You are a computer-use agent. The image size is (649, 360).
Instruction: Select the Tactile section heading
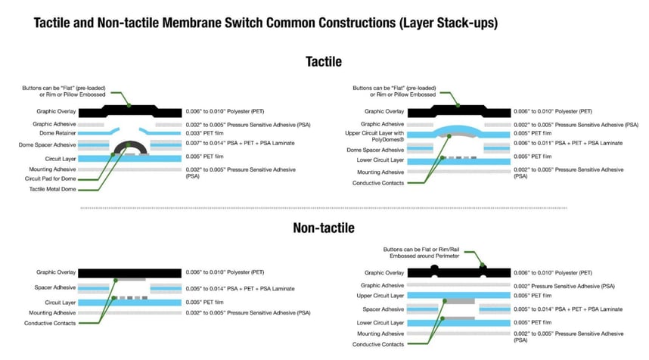pyautogui.click(x=324, y=62)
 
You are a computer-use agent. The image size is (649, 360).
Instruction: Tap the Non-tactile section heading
pyautogui.click(x=324, y=228)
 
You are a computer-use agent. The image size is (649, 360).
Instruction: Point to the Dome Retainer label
pyautogui.click(x=57, y=133)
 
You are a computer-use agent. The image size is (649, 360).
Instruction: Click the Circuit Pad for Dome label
pyautogui.click(x=50, y=178)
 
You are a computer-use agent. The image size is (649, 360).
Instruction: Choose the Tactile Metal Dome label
pyautogui.click(x=52, y=189)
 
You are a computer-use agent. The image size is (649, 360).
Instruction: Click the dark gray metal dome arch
pyautogui.click(x=130, y=146)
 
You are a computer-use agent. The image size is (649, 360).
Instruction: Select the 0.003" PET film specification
pyautogui.click(x=204, y=133)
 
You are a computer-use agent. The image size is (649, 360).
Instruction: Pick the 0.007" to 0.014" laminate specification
pyautogui.click(x=240, y=143)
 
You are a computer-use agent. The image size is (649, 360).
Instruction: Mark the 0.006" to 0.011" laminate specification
pyautogui.click(x=568, y=143)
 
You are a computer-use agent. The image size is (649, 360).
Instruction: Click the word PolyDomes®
pyautogui.click(x=388, y=140)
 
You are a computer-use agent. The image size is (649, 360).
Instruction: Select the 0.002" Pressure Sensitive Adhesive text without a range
pyautogui.click(x=564, y=287)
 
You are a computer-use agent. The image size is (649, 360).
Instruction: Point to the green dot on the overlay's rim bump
pyautogui.click(x=482, y=265)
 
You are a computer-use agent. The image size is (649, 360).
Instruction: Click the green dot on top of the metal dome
pyautogui.click(x=129, y=144)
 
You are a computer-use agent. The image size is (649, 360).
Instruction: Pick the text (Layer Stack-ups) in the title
pyautogui.click(x=449, y=23)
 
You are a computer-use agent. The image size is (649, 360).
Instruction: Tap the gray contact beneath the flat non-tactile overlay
pyautogui.click(x=129, y=280)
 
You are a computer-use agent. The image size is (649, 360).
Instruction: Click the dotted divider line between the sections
pyautogui.click(x=324, y=208)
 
